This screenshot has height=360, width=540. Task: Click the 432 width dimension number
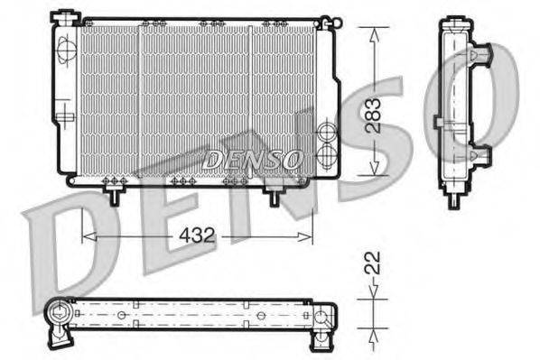coord(197,236)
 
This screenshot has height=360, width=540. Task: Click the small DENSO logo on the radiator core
coord(253,160)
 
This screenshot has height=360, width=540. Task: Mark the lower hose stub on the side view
coord(482,154)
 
